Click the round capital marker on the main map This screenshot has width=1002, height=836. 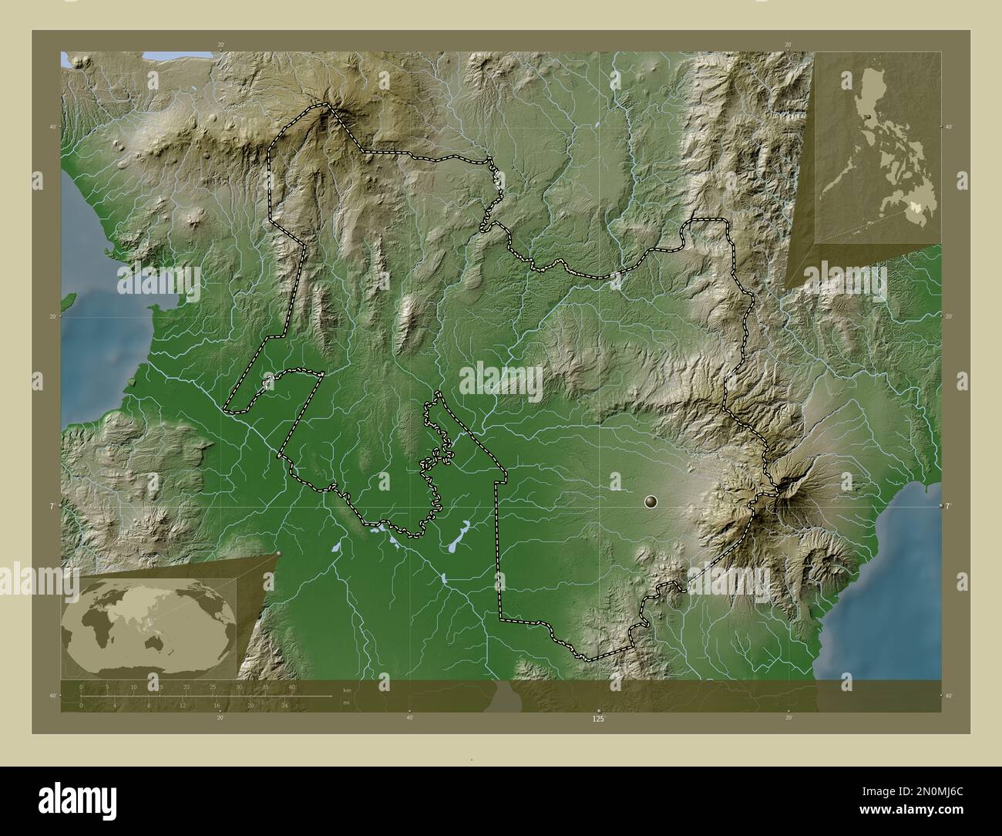pos(651,502)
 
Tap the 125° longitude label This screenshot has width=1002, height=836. pos(598,719)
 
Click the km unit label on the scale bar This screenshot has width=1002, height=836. pos(347,689)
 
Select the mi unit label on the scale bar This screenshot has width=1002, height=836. pos(346,703)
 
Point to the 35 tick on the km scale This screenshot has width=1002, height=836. pos(265,686)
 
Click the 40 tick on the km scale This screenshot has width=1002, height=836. pos(292,686)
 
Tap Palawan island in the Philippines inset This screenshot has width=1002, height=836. pos(837,182)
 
